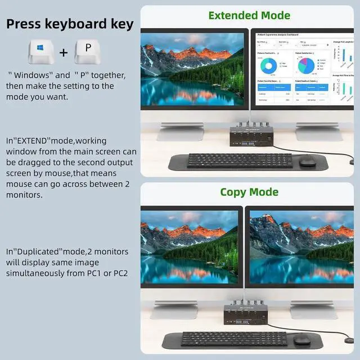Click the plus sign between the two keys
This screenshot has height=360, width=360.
point(64,52)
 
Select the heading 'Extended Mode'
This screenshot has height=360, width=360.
point(249,15)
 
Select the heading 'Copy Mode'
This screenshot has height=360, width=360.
point(249,192)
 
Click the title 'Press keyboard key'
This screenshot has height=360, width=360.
point(70,24)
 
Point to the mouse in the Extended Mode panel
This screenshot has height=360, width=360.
point(307,161)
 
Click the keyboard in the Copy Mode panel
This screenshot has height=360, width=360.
point(233,339)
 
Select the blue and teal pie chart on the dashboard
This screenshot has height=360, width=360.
point(305,66)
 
